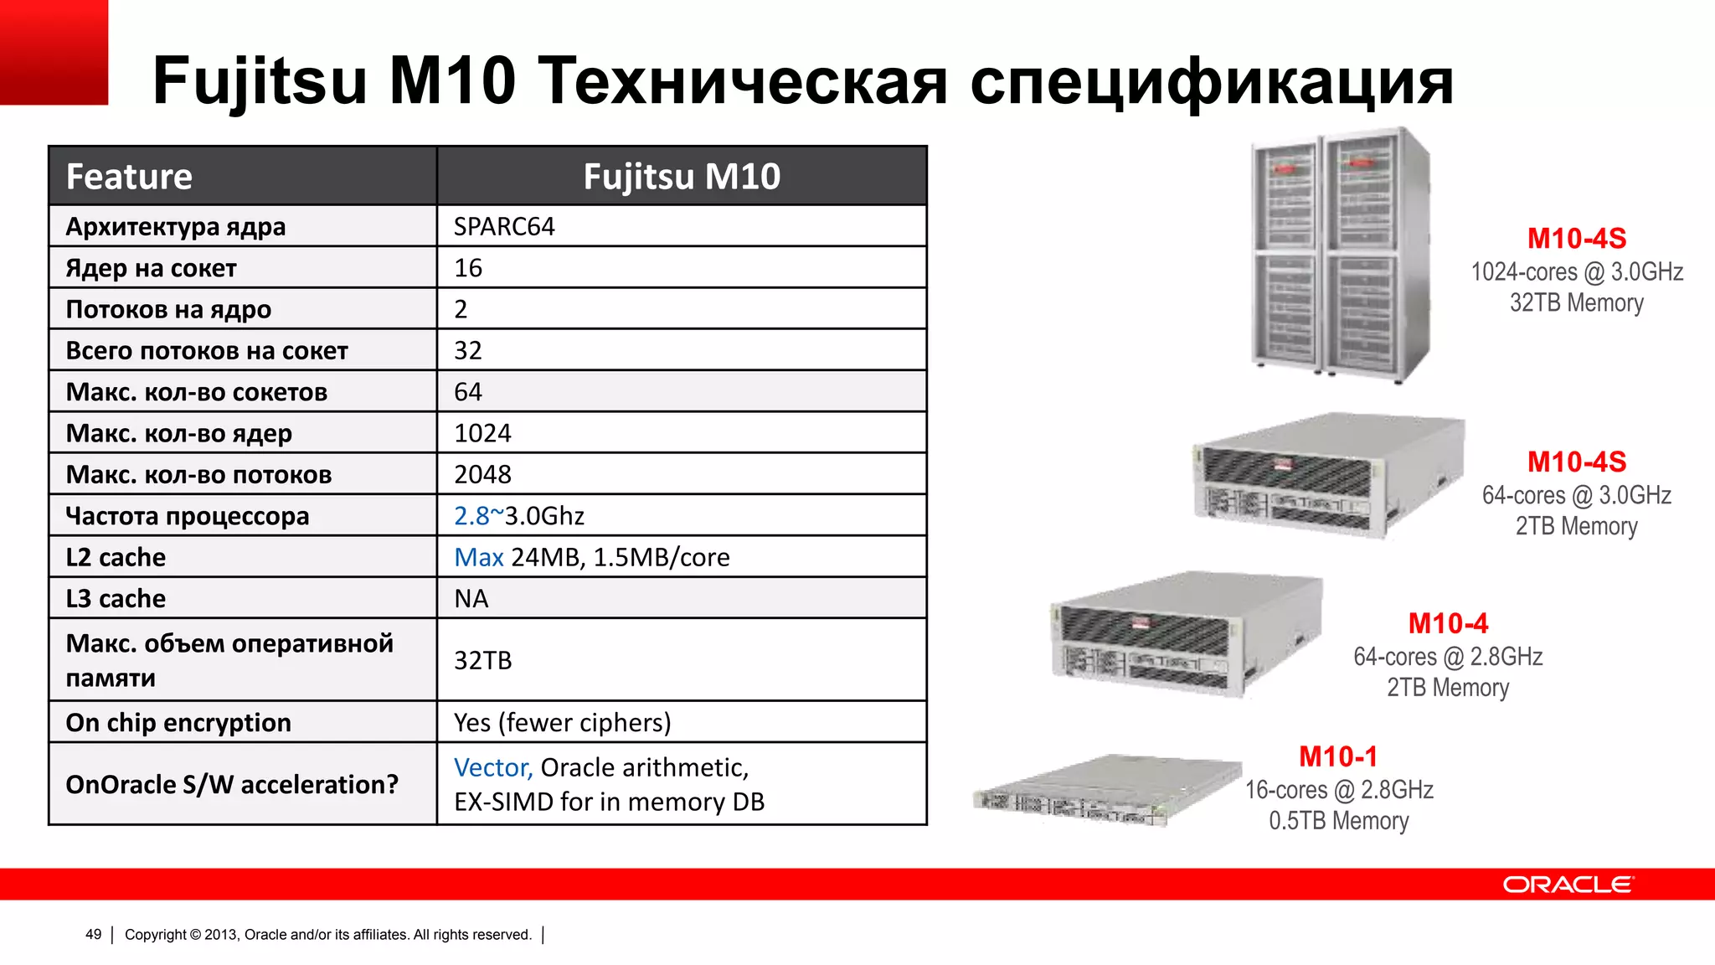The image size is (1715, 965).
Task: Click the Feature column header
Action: (129, 177)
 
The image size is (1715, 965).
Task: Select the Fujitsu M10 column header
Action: (682, 177)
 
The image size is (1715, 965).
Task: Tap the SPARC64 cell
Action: (504, 227)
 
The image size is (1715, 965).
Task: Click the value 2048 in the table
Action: (482, 475)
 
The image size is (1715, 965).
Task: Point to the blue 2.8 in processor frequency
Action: (471, 516)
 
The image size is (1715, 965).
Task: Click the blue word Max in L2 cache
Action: (478, 558)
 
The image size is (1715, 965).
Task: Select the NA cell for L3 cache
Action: (471, 599)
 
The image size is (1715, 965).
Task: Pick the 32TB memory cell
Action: (482, 661)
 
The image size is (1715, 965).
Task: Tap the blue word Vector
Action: (492, 768)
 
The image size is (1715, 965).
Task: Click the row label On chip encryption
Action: (178, 723)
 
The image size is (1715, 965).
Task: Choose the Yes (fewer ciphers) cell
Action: (562, 723)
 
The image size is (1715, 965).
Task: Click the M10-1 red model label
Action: (1337, 757)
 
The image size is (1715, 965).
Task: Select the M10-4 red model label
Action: (1448, 624)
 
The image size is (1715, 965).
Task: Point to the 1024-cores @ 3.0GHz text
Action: (1577, 272)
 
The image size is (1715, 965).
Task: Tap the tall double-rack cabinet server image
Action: (1340, 255)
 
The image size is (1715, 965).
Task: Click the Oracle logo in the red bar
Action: (1567, 885)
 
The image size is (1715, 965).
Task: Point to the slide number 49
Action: (93, 935)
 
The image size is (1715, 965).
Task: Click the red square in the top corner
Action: (54, 52)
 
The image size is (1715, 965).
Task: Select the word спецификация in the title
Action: (1212, 81)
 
